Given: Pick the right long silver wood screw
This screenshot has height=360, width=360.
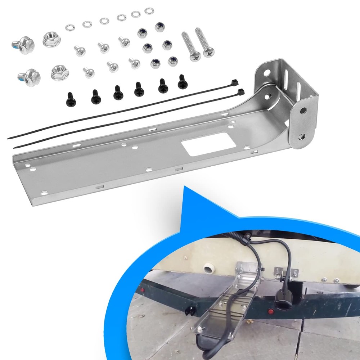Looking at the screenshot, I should [204, 42].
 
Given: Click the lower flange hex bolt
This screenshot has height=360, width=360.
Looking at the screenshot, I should [30, 76].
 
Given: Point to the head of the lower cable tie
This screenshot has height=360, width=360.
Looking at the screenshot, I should [240, 92].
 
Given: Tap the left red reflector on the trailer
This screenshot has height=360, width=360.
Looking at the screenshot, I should [143, 289].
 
